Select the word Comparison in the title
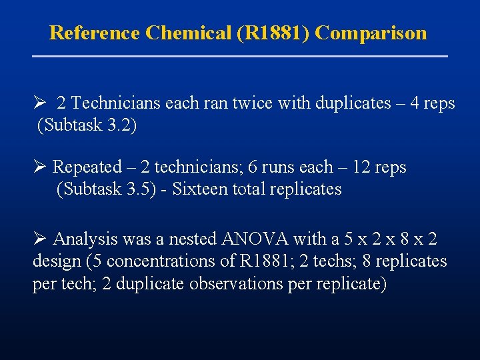click(371, 33)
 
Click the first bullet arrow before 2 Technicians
click(38, 103)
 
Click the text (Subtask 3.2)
click(87, 125)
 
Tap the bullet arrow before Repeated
click(38, 167)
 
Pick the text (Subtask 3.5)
click(107, 189)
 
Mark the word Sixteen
click(200, 189)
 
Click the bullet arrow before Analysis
click(38, 239)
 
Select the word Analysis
click(83, 239)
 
